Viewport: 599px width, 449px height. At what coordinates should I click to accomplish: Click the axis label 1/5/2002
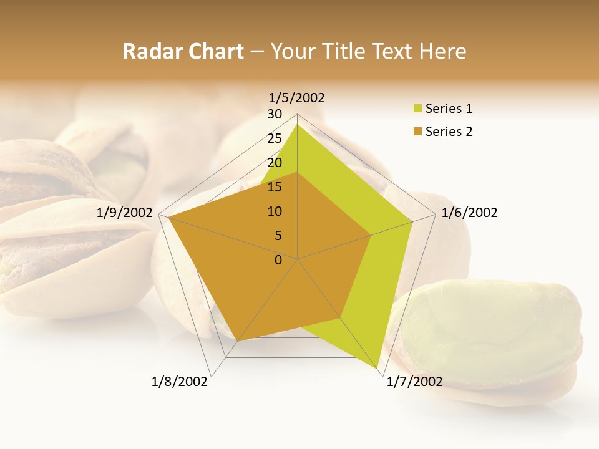297,97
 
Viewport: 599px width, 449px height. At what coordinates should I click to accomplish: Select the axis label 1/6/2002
469,213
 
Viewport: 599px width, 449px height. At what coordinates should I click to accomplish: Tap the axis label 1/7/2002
414,382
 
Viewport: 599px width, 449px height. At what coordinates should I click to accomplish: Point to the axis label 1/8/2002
180,382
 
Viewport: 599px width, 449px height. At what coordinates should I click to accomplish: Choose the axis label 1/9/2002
125,213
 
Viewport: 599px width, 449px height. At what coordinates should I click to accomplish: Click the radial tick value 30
275,114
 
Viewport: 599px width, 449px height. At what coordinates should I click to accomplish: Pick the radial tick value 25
275,138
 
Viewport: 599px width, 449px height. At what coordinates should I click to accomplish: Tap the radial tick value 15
275,187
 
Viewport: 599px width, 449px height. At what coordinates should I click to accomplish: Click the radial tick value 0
278,260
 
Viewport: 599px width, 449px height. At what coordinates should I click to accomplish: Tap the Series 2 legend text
449,132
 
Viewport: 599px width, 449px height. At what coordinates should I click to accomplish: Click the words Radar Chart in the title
183,51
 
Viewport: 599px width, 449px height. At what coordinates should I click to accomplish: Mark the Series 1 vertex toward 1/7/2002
379,370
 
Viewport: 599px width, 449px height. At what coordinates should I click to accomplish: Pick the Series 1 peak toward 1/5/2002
297,125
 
